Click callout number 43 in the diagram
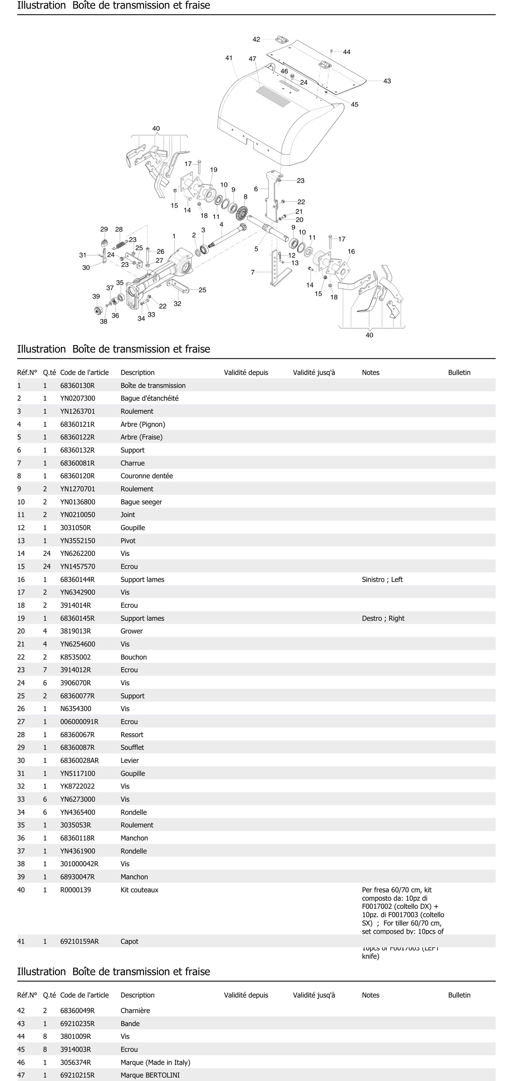pyautogui.click(x=387, y=81)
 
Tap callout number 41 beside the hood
pyautogui.click(x=229, y=58)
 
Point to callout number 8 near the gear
pyautogui.click(x=245, y=197)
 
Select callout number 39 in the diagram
pyautogui.click(x=96, y=296)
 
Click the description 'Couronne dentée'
pyautogui.click(x=146, y=476)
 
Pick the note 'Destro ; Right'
pyautogui.click(x=383, y=618)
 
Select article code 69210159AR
pyautogui.click(x=79, y=941)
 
